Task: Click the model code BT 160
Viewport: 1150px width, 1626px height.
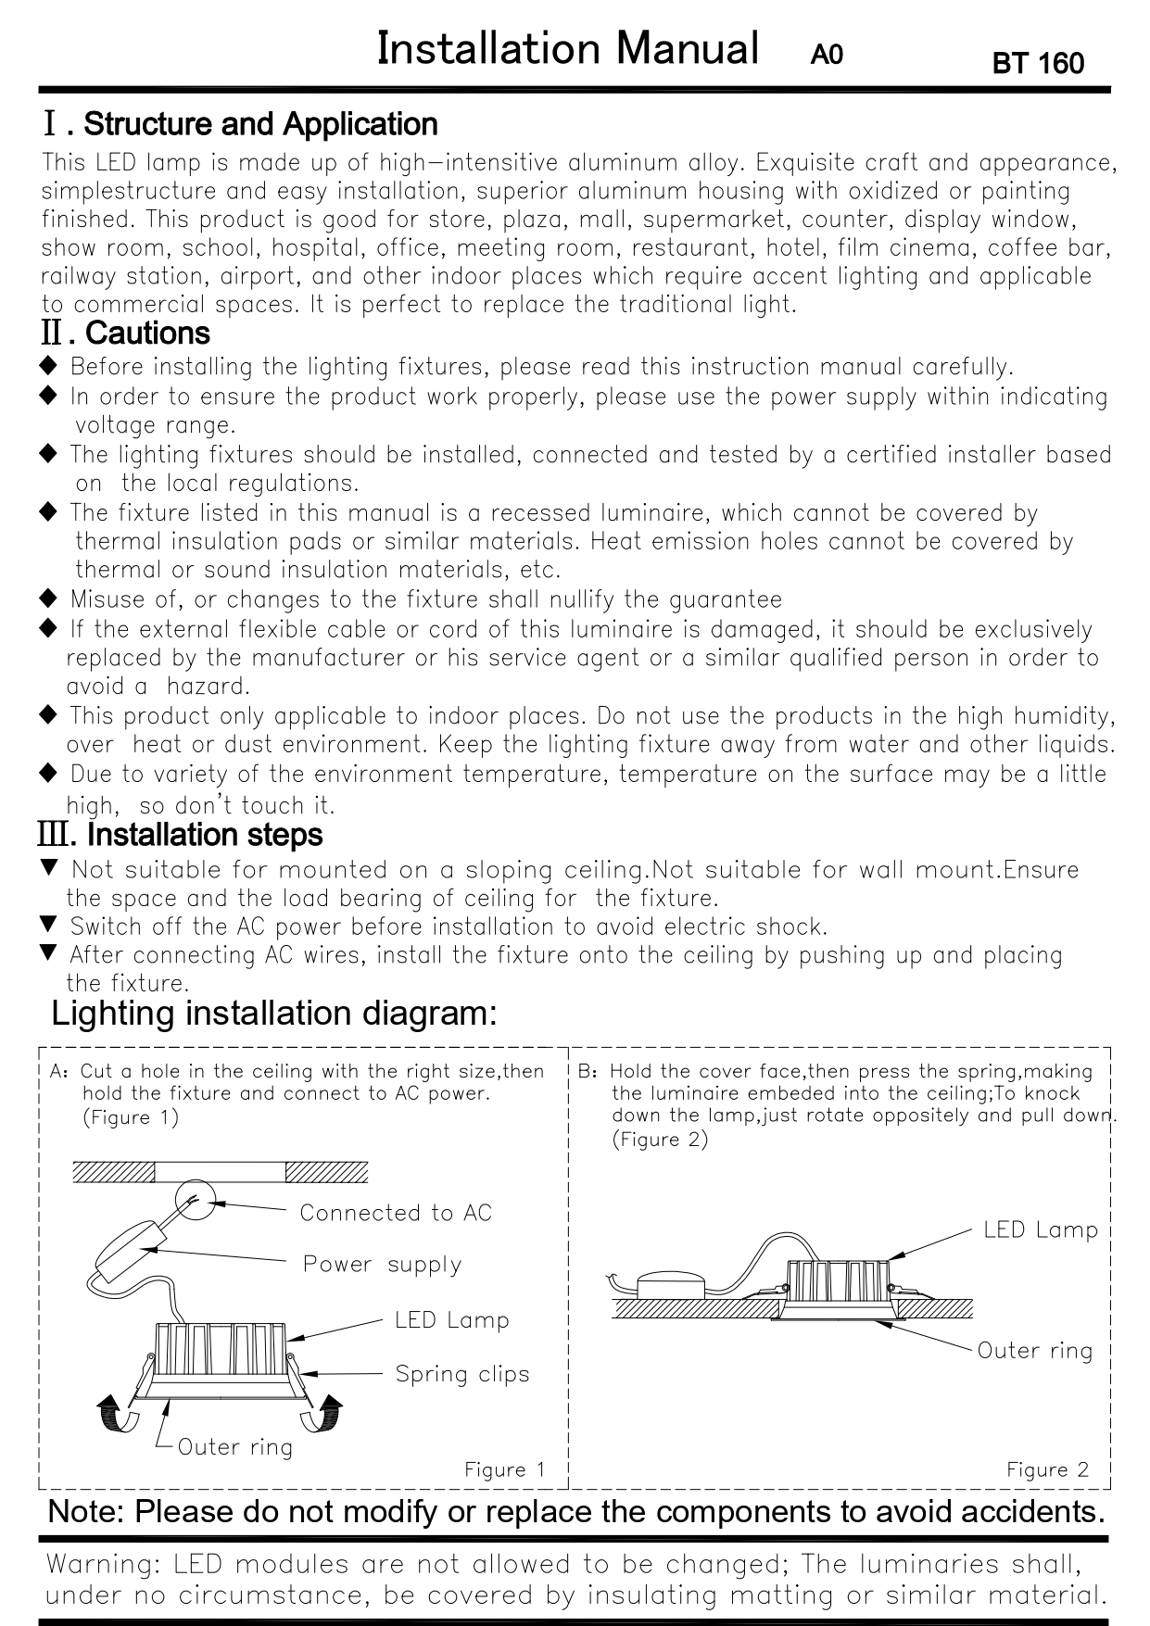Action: coord(1037,63)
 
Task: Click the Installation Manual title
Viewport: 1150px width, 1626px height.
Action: coord(567,48)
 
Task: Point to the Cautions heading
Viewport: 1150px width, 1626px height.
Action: coord(147,333)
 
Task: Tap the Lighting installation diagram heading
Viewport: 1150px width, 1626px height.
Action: coord(274,1013)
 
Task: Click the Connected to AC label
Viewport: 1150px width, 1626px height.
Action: coord(396,1213)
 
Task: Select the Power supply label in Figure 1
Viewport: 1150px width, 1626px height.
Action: coord(382,1265)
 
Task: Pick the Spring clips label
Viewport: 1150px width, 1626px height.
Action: coord(462,1374)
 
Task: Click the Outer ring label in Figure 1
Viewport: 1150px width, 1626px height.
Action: coord(234,1447)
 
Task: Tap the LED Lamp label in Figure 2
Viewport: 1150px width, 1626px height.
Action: coord(1041,1230)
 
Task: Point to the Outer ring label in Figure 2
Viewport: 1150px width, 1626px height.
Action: coord(1035,1351)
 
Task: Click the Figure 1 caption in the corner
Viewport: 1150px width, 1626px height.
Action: coord(505,1469)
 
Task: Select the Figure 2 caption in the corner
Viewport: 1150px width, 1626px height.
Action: coord(1048,1469)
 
